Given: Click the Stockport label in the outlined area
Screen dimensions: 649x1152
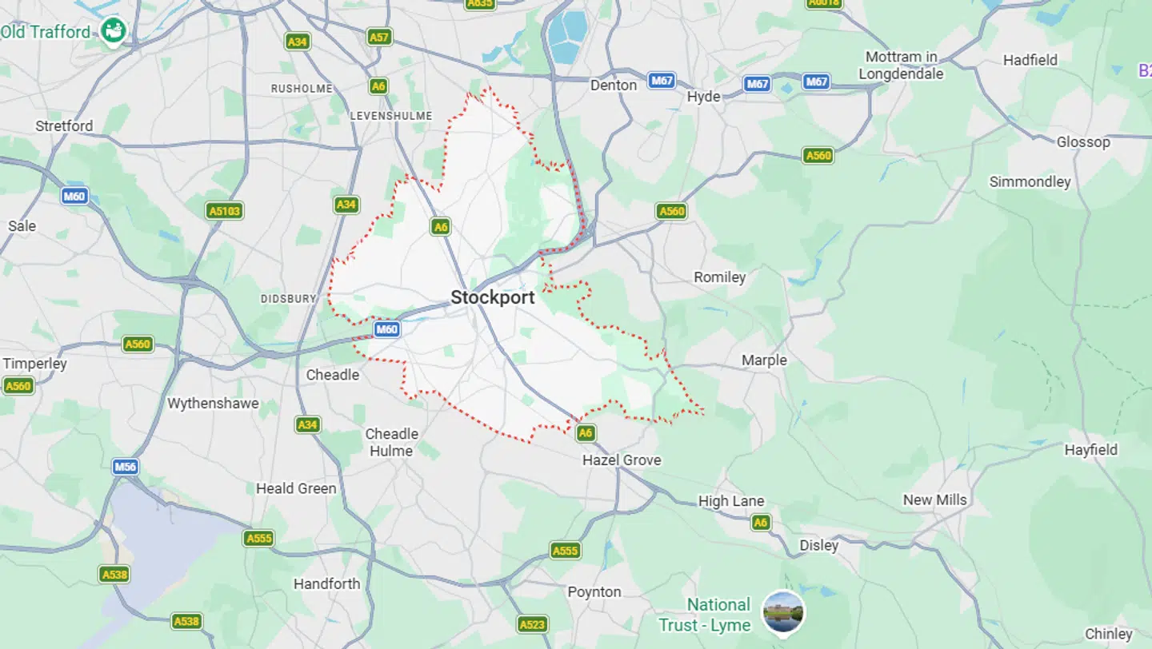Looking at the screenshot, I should tap(492, 298).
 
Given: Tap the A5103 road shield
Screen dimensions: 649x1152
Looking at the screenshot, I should tap(224, 211).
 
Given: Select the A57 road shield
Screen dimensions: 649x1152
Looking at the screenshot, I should tap(379, 37).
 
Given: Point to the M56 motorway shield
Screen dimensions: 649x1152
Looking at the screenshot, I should tap(125, 467).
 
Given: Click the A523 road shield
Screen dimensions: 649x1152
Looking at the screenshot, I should tap(532, 624).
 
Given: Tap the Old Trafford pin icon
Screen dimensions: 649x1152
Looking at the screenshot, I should tap(114, 31).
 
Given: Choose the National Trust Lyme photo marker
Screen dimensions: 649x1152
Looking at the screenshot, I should tap(782, 612).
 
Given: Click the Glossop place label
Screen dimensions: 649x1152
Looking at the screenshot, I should tap(1083, 142).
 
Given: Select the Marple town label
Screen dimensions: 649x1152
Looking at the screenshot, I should tap(764, 360).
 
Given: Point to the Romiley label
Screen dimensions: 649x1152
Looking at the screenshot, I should tap(719, 277).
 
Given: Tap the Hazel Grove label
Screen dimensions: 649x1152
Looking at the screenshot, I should tap(622, 460).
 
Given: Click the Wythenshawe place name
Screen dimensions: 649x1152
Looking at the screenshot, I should tap(213, 404).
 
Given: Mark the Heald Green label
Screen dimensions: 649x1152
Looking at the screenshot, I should tap(296, 488).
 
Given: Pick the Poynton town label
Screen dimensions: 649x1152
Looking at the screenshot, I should tap(594, 592).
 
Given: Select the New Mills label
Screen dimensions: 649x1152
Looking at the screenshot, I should tap(934, 500).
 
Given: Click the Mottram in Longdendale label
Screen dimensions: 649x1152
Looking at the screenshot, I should tap(901, 66).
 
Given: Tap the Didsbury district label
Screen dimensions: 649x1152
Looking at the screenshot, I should tap(288, 299).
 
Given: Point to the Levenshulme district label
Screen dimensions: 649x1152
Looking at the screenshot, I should tap(391, 117).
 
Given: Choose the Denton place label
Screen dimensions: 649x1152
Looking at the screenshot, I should tap(613, 85).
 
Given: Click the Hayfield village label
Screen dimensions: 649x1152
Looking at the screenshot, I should tap(1090, 450).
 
